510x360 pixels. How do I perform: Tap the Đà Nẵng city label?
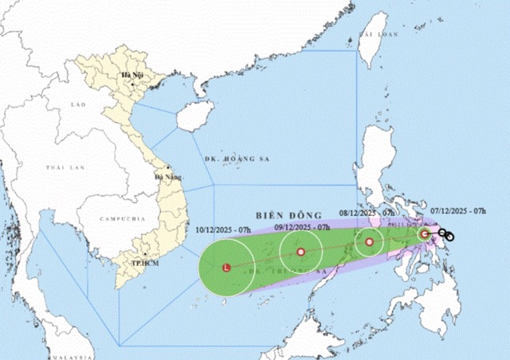(x=169, y=177)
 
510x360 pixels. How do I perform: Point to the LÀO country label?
(x=78, y=104)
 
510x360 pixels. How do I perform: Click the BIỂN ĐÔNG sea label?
(x=288, y=215)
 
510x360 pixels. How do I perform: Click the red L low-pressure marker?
(x=227, y=268)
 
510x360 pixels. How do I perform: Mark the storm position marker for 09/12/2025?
(x=300, y=252)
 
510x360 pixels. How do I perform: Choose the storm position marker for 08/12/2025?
(x=369, y=241)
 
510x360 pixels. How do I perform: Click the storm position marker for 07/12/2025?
(x=424, y=233)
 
